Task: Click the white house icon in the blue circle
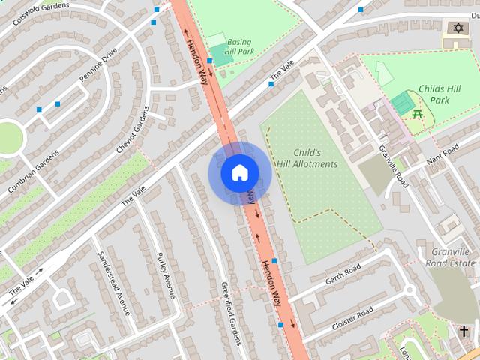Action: point(239,173)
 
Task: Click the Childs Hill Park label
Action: point(444,94)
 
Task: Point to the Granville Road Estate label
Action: point(451,257)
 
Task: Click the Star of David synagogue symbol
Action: point(457,28)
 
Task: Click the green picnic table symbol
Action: point(418,113)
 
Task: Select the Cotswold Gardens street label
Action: point(43,13)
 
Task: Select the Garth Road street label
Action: point(343,274)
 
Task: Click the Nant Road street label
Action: point(441,156)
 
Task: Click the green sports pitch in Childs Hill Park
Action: point(402,103)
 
